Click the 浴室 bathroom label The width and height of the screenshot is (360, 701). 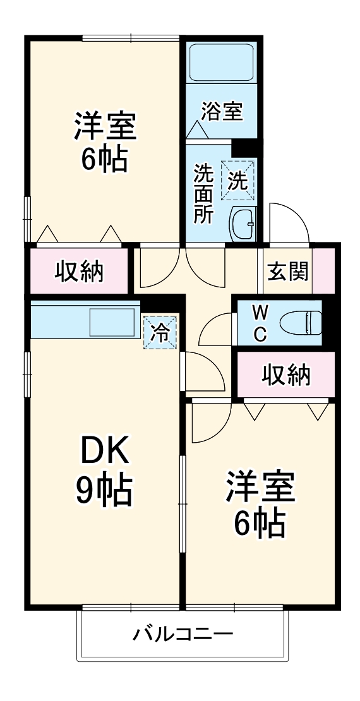click(222, 111)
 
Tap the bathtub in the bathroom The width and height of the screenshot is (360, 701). click(221, 62)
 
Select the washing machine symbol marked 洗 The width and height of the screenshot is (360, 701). click(237, 181)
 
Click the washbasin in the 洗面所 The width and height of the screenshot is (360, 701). click(241, 223)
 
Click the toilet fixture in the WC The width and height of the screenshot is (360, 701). click(301, 322)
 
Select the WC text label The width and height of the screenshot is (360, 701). click(260, 323)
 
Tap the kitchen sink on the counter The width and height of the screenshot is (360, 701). click(114, 322)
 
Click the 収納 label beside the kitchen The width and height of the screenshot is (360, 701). click(78, 272)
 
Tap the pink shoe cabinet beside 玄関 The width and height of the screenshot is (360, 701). click(324, 272)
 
